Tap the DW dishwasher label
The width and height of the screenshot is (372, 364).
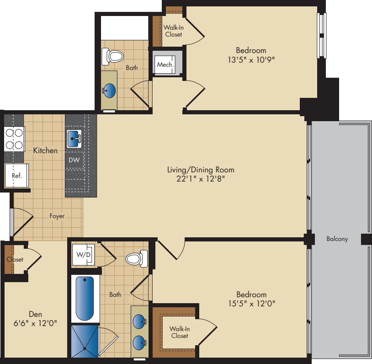click(x=74, y=161)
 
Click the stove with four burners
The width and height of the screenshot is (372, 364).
click(x=14, y=139)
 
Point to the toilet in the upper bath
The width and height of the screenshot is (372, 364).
click(x=115, y=56)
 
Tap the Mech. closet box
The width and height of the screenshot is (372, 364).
click(x=165, y=65)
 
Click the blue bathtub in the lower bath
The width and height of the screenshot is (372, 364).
click(x=85, y=298)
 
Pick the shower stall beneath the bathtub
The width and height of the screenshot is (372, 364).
click(x=85, y=341)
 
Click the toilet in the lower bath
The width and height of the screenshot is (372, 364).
click(x=136, y=258)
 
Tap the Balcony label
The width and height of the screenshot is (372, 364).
click(x=337, y=239)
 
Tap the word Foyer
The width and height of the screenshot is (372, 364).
click(x=57, y=216)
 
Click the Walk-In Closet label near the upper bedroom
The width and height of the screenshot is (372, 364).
click(x=173, y=31)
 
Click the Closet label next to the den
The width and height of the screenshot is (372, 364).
click(x=15, y=259)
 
